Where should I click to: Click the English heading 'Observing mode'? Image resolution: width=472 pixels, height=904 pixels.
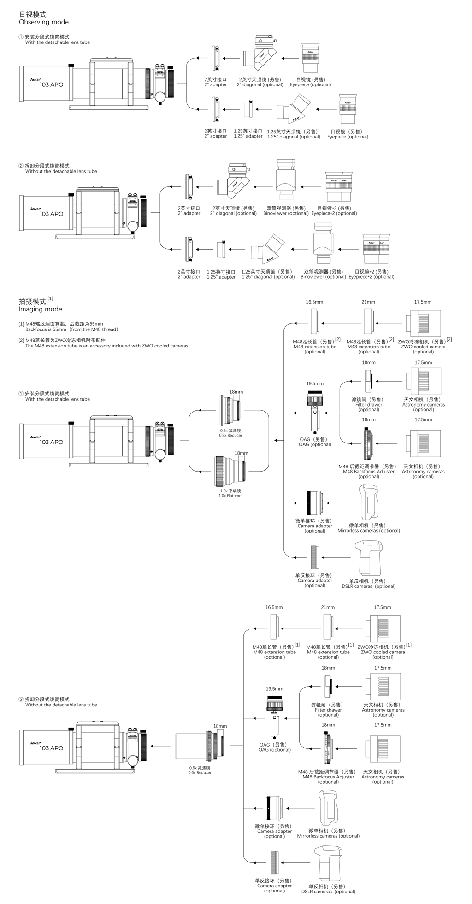[43, 22]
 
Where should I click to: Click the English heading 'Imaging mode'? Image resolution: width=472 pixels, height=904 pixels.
[40, 309]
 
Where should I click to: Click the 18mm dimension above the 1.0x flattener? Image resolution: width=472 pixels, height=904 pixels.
[241, 453]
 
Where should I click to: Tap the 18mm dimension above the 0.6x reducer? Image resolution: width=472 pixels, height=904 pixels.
[220, 726]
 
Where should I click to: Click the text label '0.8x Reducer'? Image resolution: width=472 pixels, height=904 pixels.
[230, 436]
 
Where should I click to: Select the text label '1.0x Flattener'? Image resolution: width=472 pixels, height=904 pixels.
[230, 496]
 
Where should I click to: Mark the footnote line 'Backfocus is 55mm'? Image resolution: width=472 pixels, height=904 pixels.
[71, 329]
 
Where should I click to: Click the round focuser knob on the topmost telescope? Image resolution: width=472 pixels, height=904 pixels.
[160, 97]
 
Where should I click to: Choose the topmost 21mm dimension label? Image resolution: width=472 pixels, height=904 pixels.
[368, 302]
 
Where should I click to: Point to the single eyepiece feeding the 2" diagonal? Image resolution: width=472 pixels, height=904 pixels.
[310, 58]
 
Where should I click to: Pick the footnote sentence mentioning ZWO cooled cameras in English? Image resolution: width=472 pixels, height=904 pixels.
[107, 346]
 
